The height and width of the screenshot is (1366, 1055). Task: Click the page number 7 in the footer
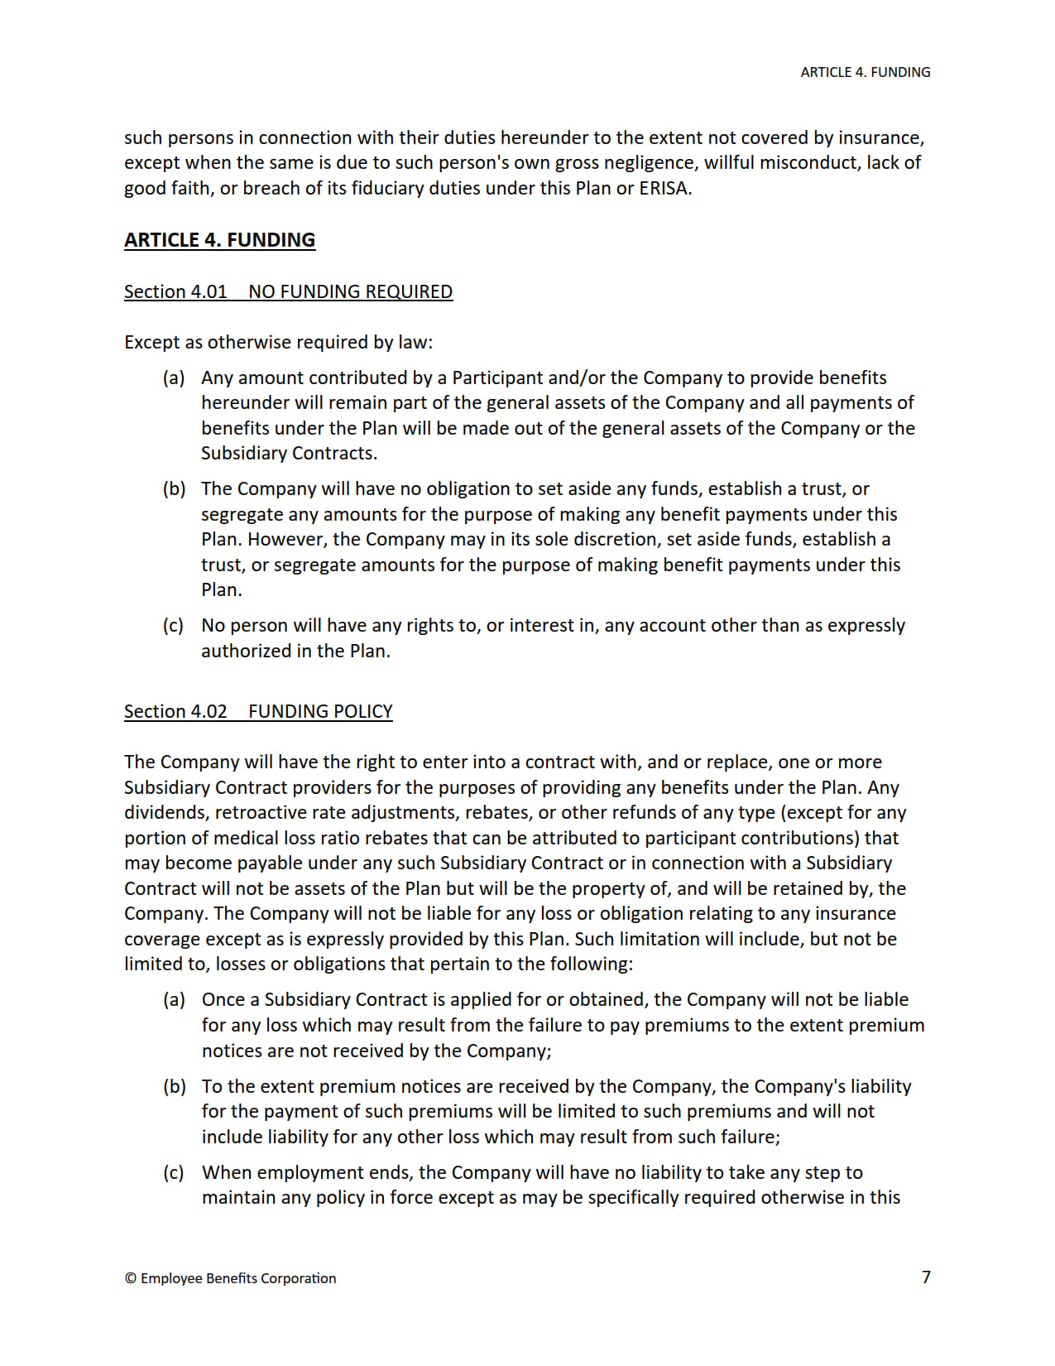click(x=926, y=1277)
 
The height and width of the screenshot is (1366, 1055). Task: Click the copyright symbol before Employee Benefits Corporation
click(x=131, y=1278)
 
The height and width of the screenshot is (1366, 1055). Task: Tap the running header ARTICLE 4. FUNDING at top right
click(x=865, y=72)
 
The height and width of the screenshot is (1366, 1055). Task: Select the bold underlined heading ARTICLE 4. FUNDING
click(x=219, y=240)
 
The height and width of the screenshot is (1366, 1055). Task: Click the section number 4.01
click(x=209, y=291)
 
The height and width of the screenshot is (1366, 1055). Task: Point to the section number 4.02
click(x=209, y=711)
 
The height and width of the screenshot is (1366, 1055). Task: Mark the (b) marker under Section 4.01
click(x=174, y=488)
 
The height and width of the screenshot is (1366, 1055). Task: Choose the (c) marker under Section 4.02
click(x=174, y=1172)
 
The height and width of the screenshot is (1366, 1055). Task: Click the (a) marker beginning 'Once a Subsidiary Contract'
click(x=174, y=999)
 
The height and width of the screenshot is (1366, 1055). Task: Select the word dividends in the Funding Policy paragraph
click(x=165, y=812)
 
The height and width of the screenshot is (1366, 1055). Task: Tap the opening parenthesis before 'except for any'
click(x=784, y=812)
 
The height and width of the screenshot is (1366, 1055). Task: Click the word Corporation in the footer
click(x=298, y=1278)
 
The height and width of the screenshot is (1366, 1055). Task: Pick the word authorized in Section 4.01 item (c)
click(x=245, y=651)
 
